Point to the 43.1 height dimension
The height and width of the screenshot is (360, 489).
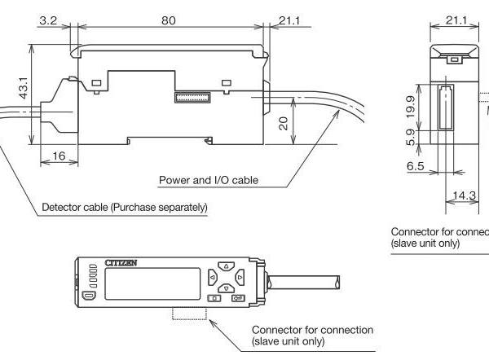tap(24, 89)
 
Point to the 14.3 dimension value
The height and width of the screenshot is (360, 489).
tap(465, 195)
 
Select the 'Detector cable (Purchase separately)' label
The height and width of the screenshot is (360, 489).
tap(125, 207)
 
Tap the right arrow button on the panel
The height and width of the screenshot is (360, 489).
tap(238, 278)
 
